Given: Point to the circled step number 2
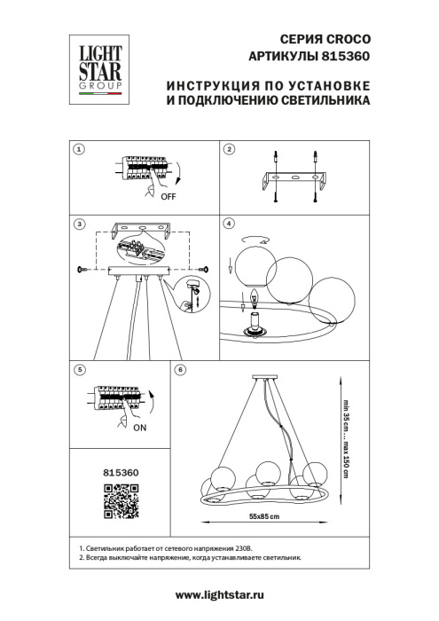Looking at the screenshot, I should coord(229,150).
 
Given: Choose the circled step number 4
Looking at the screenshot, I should coord(229,224).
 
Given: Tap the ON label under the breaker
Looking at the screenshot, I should coord(137,425).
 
